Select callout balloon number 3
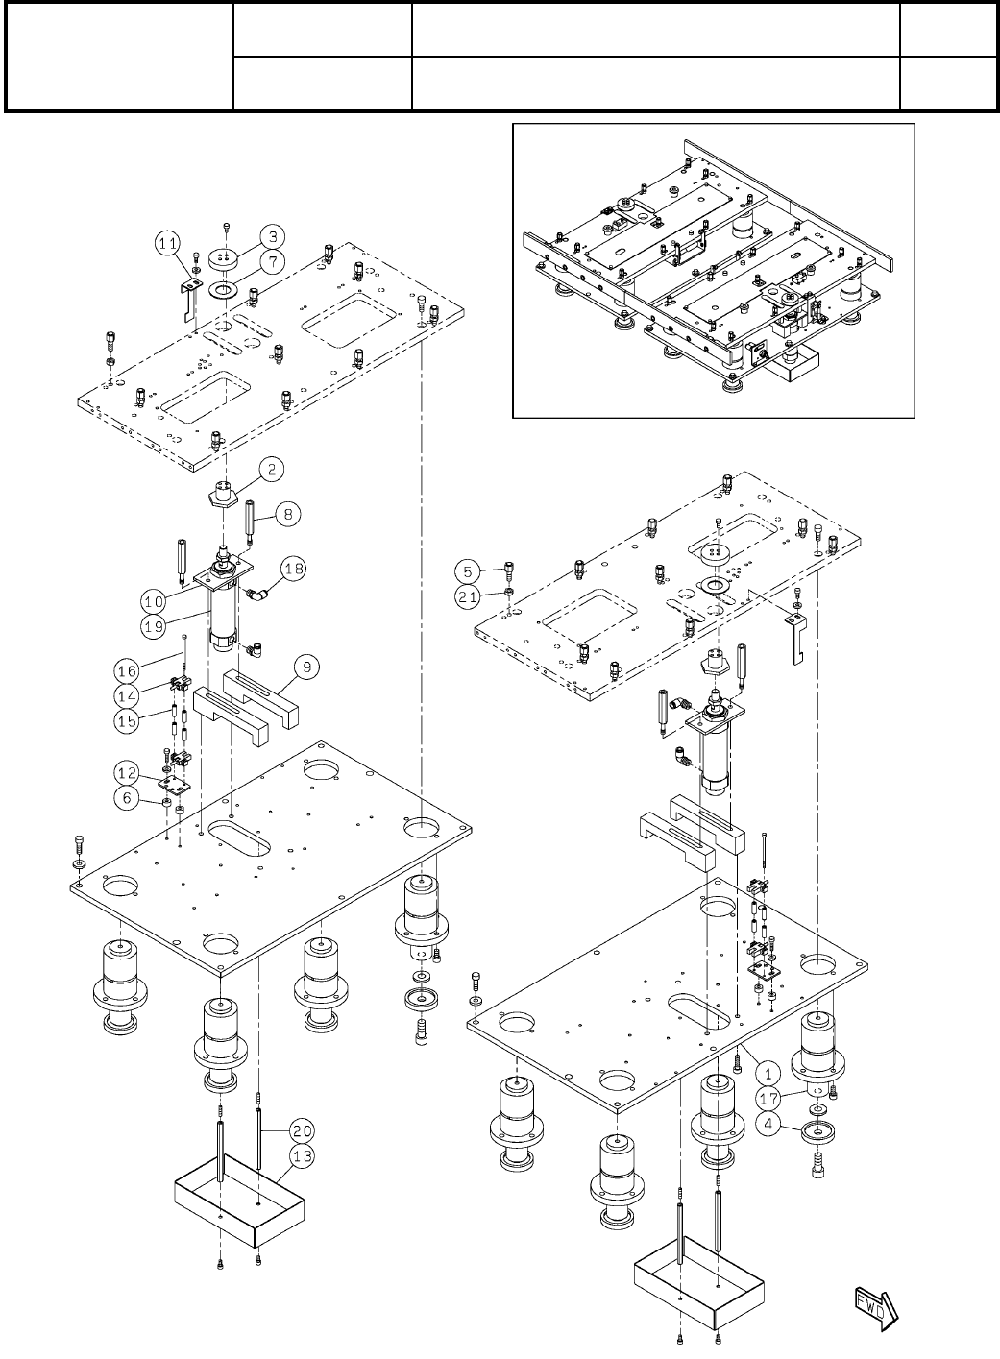pos(273,236)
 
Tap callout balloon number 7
pos(273,260)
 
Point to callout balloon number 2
pos(273,470)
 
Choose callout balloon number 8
pos(287,515)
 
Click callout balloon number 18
pos(294,570)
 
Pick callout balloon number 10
pos(153,601)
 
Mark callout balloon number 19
pos(153,624)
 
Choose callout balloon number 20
pos(303,1131)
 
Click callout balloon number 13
pos(303,1156)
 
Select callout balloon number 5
pos(468,570)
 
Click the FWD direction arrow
pos(876,1303)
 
